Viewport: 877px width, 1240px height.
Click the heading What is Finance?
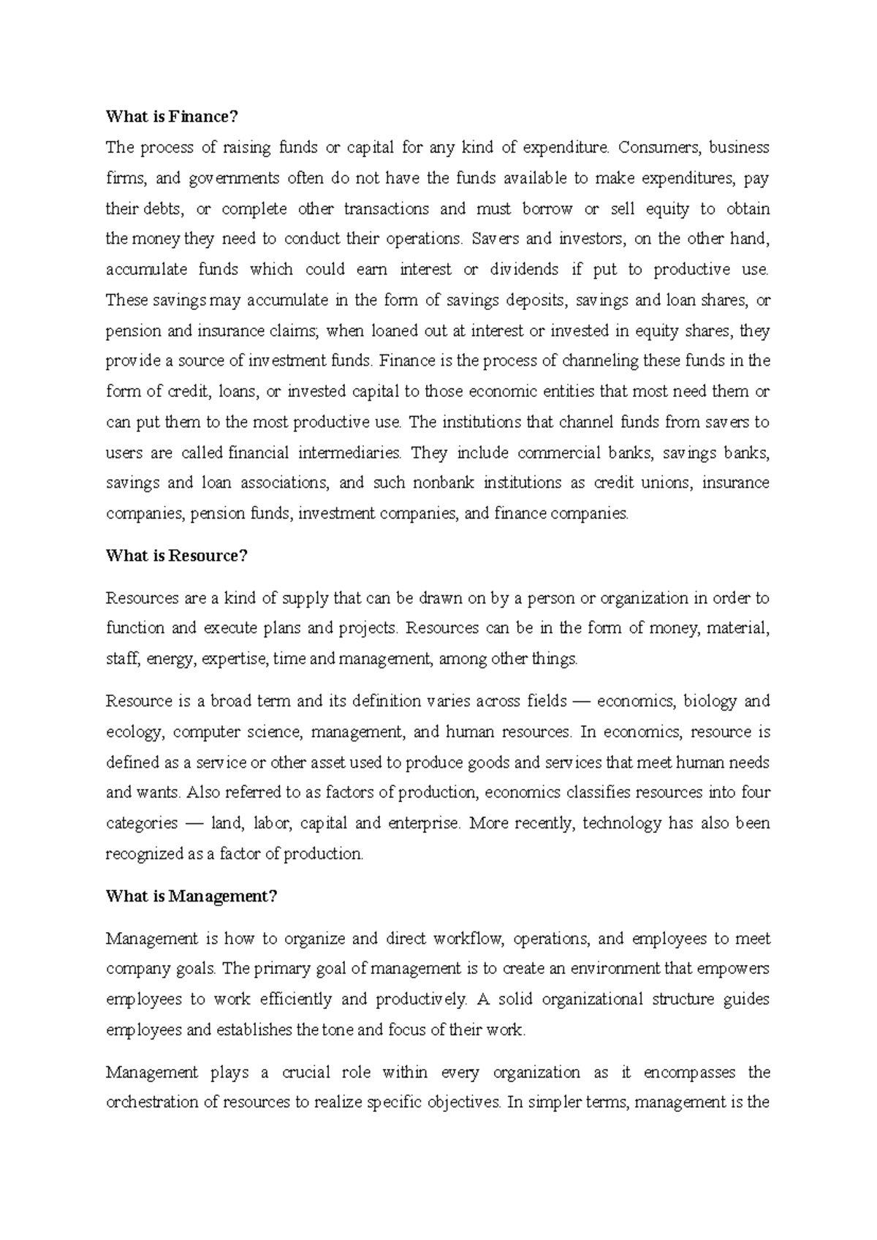(172, 117)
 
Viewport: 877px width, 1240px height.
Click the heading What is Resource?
(177, 556)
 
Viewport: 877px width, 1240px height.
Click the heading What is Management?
(191, 896)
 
